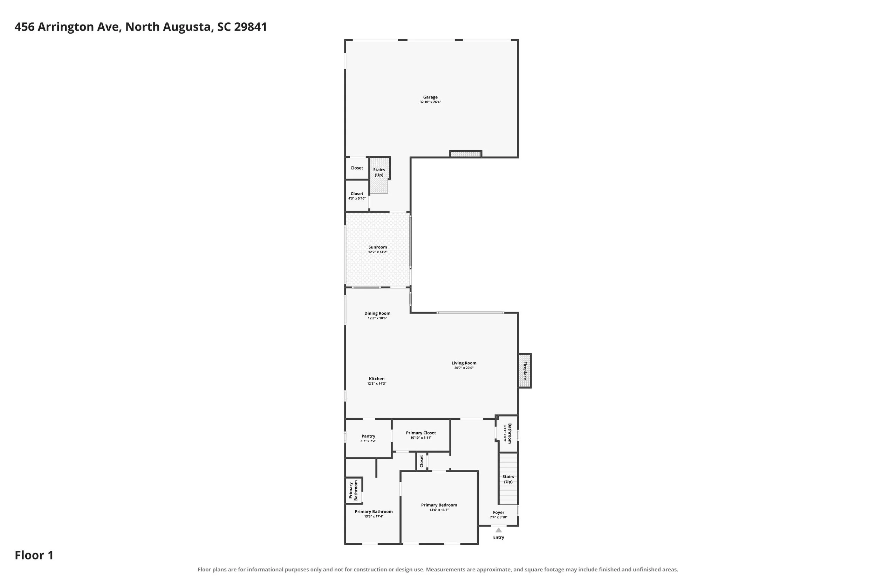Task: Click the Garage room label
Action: pyautogui.click(x=430, y=97)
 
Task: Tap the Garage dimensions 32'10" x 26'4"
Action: pyautogui.click(x=430, y=102)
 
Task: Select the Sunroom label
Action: pyautogui.click(x=378, y=247)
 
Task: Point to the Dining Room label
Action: pyautogui.click(x=377, y=313)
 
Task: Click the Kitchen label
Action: pyautogui.click(x=377, y=379)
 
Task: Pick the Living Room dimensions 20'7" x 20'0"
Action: pyautogui.click(x=464, y=368)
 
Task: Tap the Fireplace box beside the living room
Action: pyautogui.click(x=525, y=371)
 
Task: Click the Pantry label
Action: pyautogui.click(x=368, y=436)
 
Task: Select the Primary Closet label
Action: pyautogui.click(x=421, y=433)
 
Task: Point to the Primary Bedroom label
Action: pyautogui.click(x=439, y=505)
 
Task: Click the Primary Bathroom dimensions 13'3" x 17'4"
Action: pyautogui.click(x=374, y=517)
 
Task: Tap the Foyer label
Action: pyautogui.click(x=498, y=513)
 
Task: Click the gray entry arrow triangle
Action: pyautogui.click(x=498, y=530)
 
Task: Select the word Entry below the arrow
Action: pyautogui.click(x=498, y=537)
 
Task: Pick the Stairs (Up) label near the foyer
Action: pyautogui.click(x=508, y=479)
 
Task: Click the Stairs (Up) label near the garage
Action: pyautogui.click(x=379, y=172)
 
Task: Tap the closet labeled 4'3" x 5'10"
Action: pyautogui.click(x=357, y=196)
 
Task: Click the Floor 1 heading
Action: pyautogui.click(x=34, y=555)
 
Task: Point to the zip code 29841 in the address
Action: pyautogui.click(x=250, y=27)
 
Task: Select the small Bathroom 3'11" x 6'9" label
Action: pyautogui.click(x=507, y=433)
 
